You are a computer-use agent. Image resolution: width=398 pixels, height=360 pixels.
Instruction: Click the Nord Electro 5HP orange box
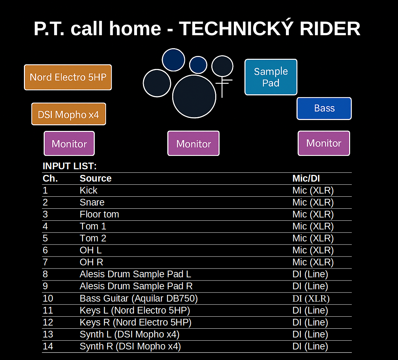[x=68, y=77]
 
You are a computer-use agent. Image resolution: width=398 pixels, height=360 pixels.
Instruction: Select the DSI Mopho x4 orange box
[x=69, y=114]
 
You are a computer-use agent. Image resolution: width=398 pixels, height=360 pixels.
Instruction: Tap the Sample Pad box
[x=271, y=77]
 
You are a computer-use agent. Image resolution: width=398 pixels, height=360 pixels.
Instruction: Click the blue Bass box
[x=324, y=108]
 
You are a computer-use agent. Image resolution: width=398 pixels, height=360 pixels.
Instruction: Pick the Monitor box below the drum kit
[x=193, y=144]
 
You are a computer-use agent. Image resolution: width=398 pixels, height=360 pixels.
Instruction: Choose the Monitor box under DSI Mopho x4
[x=69, y=144]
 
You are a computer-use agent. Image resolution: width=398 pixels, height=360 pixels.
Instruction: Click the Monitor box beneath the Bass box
[x=324, y=143]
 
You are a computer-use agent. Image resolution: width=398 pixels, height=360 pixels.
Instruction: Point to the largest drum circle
[x=194, y=96]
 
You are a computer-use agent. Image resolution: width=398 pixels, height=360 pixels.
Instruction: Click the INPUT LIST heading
[x=70, y=166]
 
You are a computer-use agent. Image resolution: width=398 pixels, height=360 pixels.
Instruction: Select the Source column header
[x=95, y=178]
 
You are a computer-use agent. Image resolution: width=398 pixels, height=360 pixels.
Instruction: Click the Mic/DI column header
[x=306, y=178]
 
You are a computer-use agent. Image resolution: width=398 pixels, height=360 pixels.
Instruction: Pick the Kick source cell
[x=88, y=190]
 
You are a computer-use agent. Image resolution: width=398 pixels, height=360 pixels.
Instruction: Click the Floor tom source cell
[x=99, y=214]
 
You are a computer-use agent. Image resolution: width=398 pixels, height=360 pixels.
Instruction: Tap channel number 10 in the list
[x=48, y=298]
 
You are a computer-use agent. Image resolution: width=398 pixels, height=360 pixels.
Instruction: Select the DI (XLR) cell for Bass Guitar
[x=311, y=298]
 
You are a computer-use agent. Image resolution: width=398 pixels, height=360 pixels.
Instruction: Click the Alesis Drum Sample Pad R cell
[x=136, y=286]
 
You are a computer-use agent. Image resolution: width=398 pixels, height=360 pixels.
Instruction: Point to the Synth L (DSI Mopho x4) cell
[x=130, y=334]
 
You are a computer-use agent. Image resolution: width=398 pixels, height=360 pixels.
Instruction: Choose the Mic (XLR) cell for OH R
[x=313, y=262]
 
